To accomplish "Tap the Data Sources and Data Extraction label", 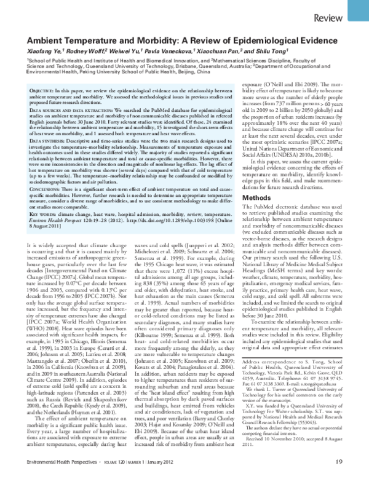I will tap(69, 109).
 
